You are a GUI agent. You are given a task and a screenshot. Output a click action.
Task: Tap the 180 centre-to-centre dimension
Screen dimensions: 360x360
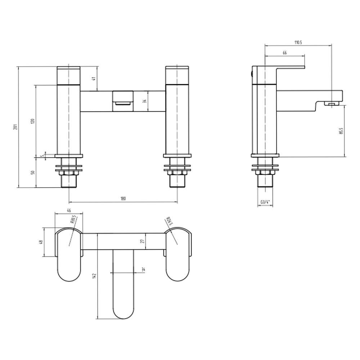click(123, 199)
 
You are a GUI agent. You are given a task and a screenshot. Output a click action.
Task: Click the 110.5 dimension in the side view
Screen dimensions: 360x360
click(298, 42)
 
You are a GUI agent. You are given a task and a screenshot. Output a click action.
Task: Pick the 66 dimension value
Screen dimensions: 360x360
click(284, 53)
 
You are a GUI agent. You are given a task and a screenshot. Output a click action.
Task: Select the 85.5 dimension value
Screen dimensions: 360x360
click(341, 131)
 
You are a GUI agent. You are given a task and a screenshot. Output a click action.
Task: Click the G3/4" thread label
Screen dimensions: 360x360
click(266, 202)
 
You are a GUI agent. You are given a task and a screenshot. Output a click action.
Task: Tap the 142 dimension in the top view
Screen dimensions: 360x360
click(95, 276)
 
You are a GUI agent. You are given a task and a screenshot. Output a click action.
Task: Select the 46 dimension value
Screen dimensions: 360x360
click(68, 211)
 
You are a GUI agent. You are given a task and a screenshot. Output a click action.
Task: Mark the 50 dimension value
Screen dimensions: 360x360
click(33, 172)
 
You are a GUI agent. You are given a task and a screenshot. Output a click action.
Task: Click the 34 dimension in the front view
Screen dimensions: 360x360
click(144, 101)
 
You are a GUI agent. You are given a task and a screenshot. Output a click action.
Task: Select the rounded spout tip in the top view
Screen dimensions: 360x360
click(123, 311)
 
